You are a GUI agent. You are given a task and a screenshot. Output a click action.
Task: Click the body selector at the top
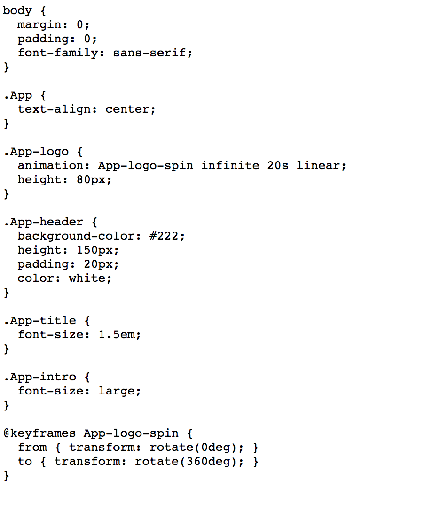coord(17,10)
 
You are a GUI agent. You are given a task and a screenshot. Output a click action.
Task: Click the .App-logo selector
coord(36,151)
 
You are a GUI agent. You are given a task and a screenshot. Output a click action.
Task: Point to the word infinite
coord(230,165)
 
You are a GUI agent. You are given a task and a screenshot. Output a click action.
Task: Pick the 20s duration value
coord(278,165)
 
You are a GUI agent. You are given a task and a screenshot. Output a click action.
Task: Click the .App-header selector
coord(43,222)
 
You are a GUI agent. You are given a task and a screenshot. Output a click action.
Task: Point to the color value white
coord(87,278)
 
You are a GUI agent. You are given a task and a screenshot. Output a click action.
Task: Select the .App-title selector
coord(39,320)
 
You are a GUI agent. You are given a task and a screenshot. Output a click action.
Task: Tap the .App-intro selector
coord(39,377)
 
